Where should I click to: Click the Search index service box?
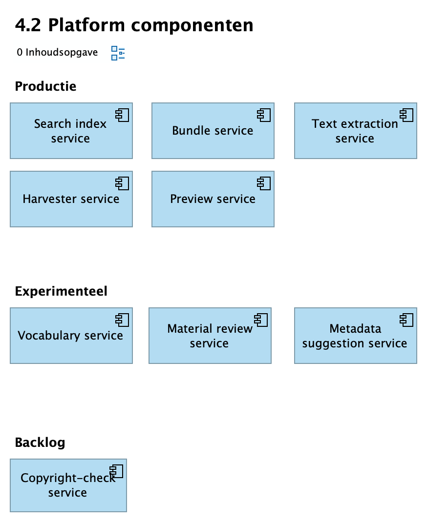tap(71, 131)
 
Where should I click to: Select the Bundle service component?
tap(213, 131)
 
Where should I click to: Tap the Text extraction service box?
tap(355, 131)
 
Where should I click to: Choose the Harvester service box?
tap(71, 199)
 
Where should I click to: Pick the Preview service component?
tap(213, 199)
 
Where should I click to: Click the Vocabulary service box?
tap(71, 336)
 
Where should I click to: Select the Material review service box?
tap(210, 336)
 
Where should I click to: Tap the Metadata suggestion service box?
tap(355, 336)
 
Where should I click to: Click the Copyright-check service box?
tap(68, 485)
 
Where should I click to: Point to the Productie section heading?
tap(45, 86)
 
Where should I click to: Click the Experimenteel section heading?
tap(61, 291)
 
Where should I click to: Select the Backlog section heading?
tap(40, 442)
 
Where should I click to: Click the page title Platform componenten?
tap(134, 25)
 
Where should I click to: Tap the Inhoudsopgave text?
tap(57, 52)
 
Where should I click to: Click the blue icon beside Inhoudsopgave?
tap(118, 53)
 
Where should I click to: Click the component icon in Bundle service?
tap(264, 115)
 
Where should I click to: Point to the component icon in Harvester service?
tap(122, 183)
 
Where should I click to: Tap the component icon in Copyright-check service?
tap(116, 471)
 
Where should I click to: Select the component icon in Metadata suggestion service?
tap(406, 320)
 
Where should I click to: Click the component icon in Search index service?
tap(122, 115)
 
